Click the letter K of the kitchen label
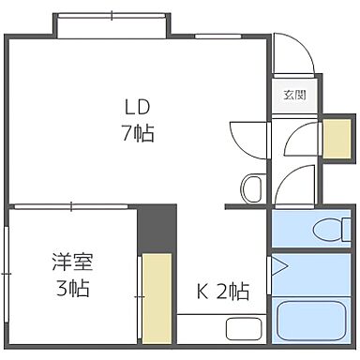(x=201, y=292)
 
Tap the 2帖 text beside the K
(x=232, y=292)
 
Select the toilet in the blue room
(x=325, y=228)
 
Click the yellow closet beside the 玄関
(x=334, y=139)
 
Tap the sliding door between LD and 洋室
(x=73, y=204)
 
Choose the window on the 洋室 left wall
(x=7, y=277)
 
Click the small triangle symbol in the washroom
(x=279, y=265)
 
